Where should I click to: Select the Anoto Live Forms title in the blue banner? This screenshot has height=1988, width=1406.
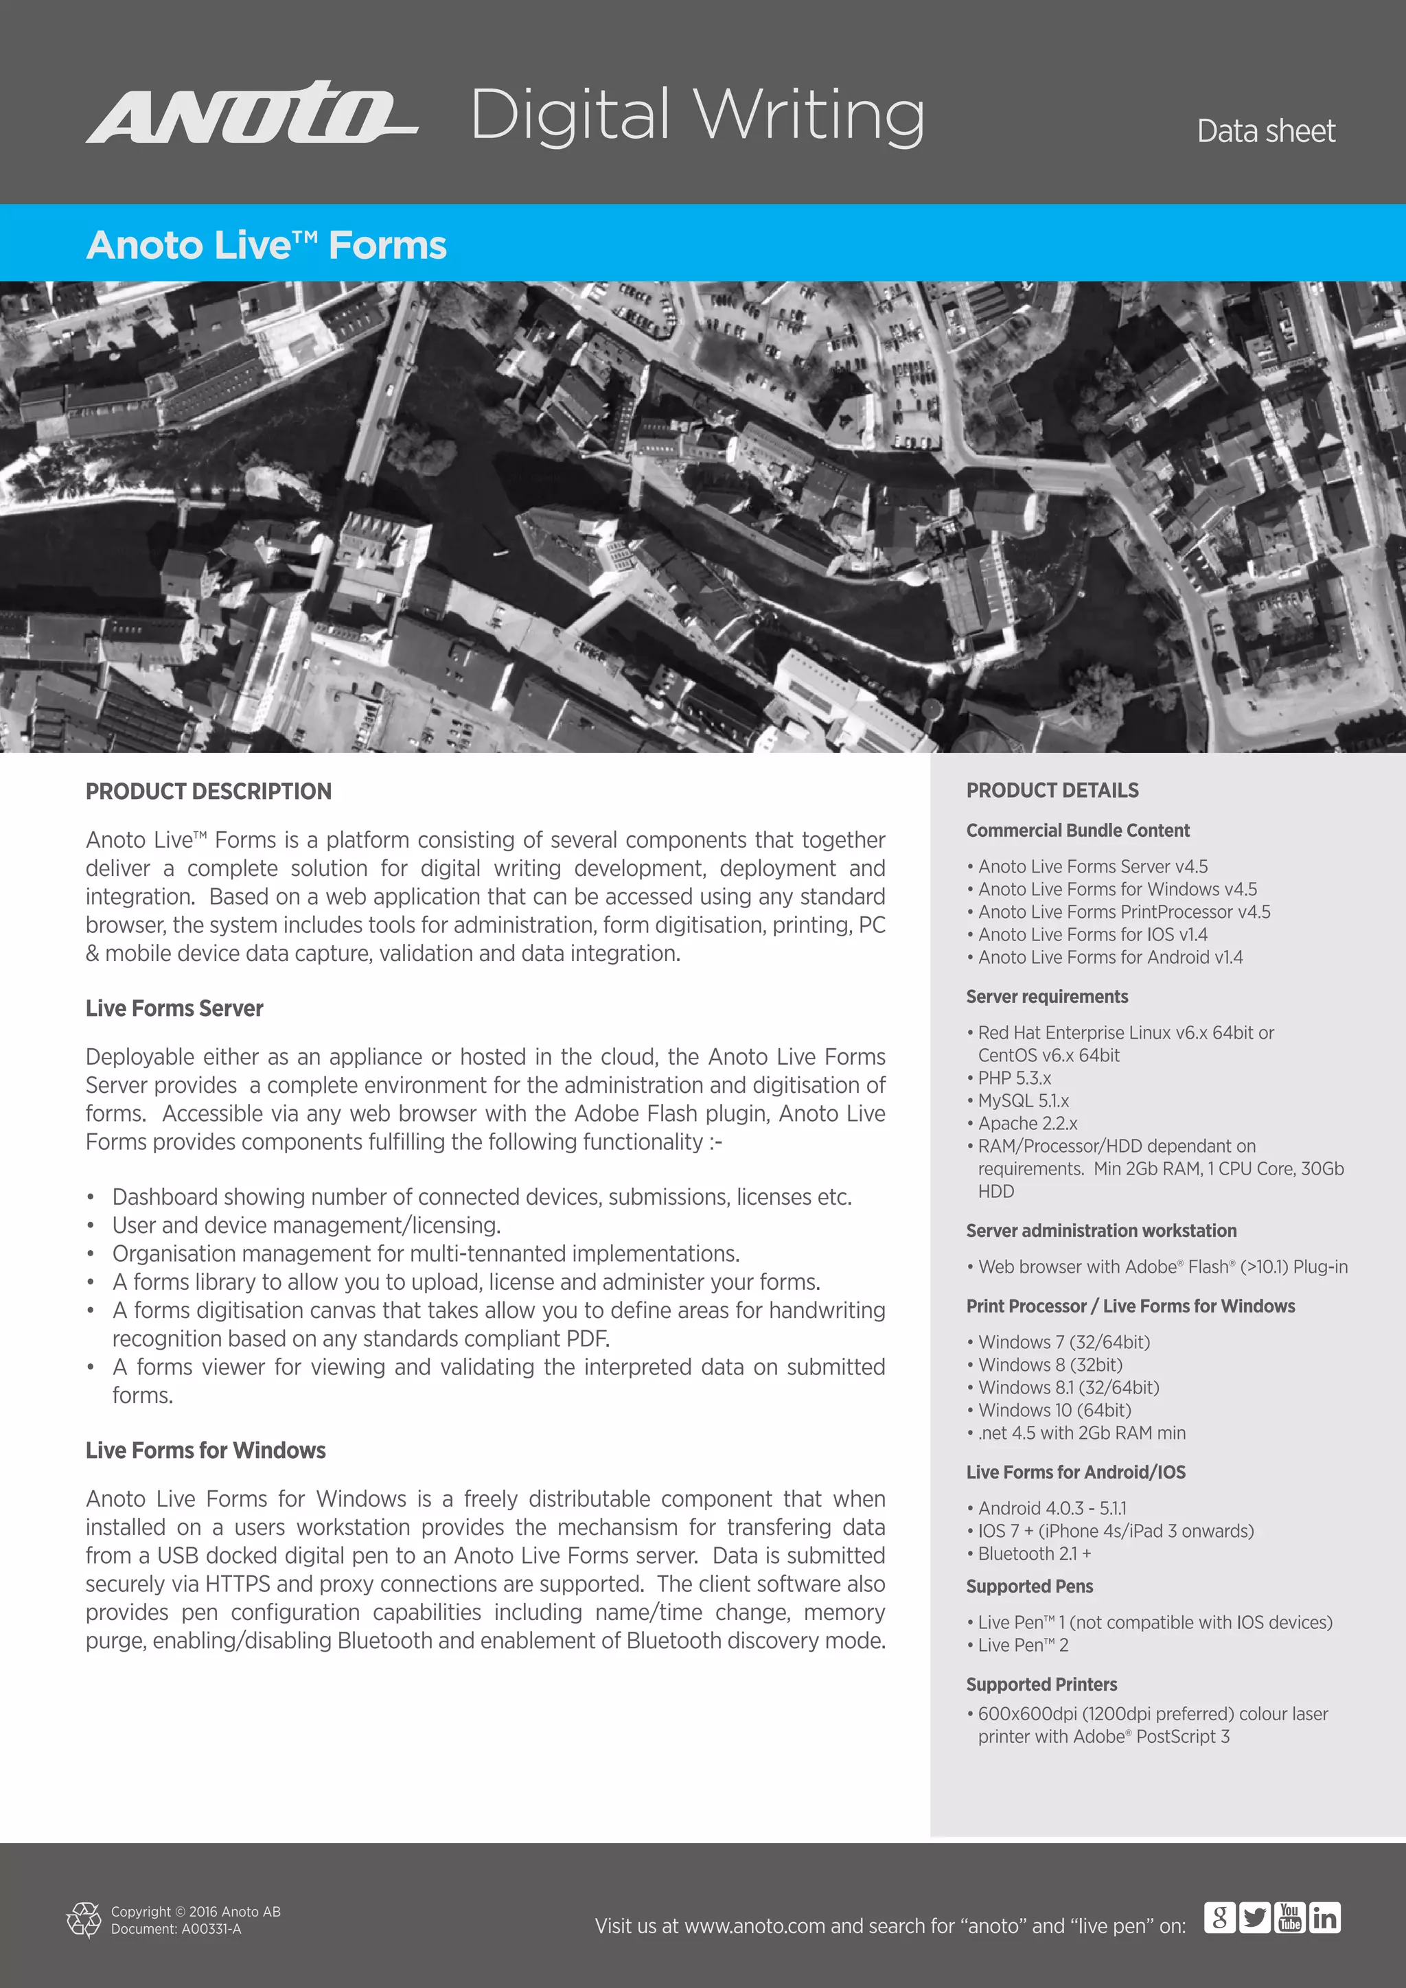266,245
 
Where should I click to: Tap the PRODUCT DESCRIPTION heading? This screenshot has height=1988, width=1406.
208,791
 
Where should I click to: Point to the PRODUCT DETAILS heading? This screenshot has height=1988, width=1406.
1052,791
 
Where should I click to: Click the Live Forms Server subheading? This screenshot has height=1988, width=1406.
174,1008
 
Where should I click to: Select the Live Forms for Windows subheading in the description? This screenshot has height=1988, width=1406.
205,1450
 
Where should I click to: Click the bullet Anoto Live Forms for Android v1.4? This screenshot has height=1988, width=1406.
1110,958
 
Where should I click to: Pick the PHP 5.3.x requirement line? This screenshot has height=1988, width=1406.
1014,1078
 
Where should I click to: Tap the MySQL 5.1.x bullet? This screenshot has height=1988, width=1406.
1024,1100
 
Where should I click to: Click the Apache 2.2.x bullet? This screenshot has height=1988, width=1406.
1028,1123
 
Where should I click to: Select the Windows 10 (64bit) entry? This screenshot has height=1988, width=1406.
1054,1411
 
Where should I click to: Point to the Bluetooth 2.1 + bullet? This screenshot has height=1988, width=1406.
1034,1554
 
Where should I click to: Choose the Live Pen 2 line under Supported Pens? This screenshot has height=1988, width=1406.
1022,1645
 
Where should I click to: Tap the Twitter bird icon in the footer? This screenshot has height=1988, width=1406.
1254,1918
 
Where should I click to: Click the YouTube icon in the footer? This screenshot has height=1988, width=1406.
1290,1918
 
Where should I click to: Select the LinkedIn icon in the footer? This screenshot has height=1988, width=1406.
1324,1918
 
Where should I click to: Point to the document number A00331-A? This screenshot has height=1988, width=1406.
176,1929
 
